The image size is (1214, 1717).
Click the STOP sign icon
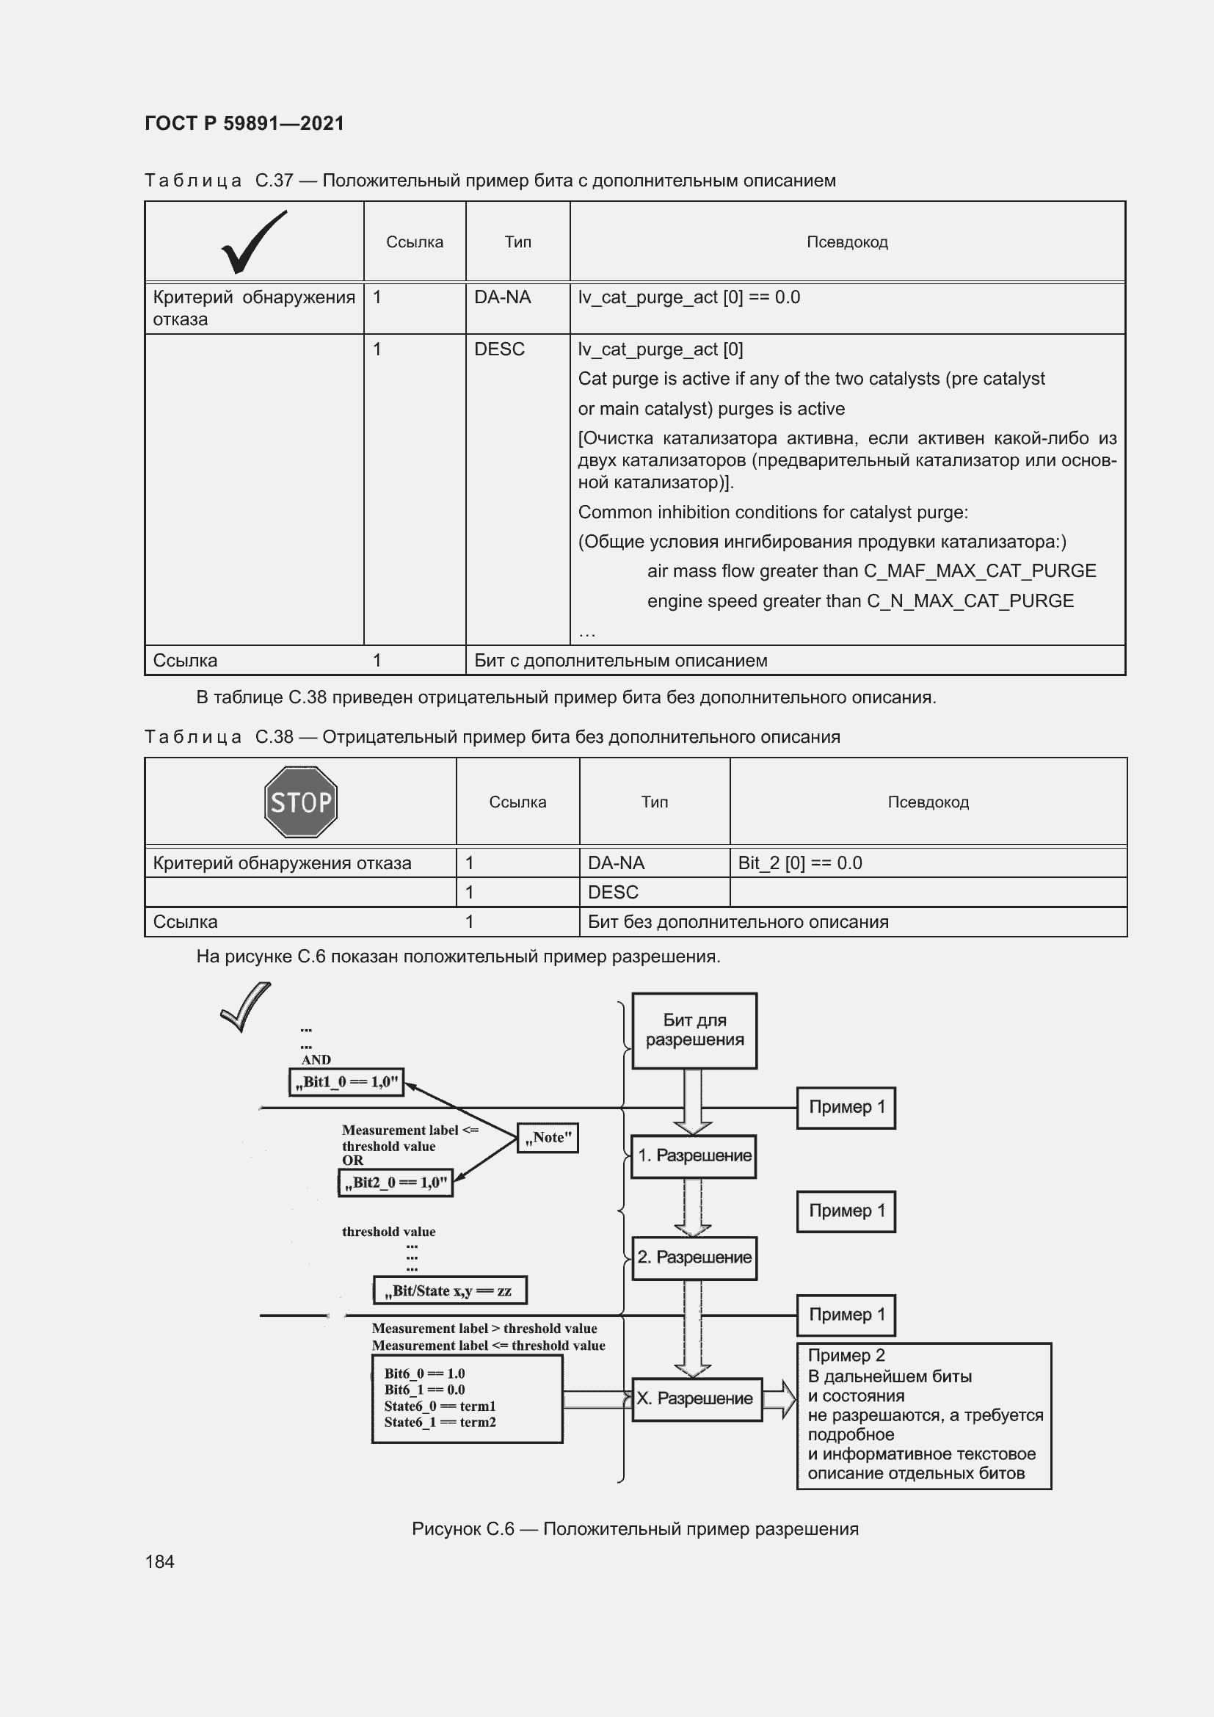pos(300,802)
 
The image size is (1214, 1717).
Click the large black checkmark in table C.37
pos(253,242)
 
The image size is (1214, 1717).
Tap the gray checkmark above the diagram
pos(245,1007)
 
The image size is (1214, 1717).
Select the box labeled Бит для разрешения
pos(694,1030)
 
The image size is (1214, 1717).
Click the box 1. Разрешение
pos(693,1155)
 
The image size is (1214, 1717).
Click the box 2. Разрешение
pos(693,1257)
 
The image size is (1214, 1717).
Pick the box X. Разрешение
pos(696,1398)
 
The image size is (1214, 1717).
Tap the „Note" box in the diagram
pos(548,1137)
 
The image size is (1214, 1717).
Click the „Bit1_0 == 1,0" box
pos(346,1081)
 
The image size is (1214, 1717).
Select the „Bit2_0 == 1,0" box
pos(396,1183)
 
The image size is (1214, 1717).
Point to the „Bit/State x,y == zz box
pos(450,1290)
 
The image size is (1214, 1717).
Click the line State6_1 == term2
pos(440,1422)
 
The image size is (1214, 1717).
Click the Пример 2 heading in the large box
pos(846,1355)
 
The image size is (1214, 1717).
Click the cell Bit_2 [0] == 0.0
pos(800,863)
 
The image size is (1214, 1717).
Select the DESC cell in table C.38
pos(613,892)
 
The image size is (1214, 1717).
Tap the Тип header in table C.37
pos(517,242)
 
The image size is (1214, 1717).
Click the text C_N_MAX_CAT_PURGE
pos(970,600)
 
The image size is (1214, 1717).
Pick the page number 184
pos(159,1561)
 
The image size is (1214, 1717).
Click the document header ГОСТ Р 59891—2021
pos(244,123)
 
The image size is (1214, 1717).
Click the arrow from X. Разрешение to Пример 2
pos(779,1399)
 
